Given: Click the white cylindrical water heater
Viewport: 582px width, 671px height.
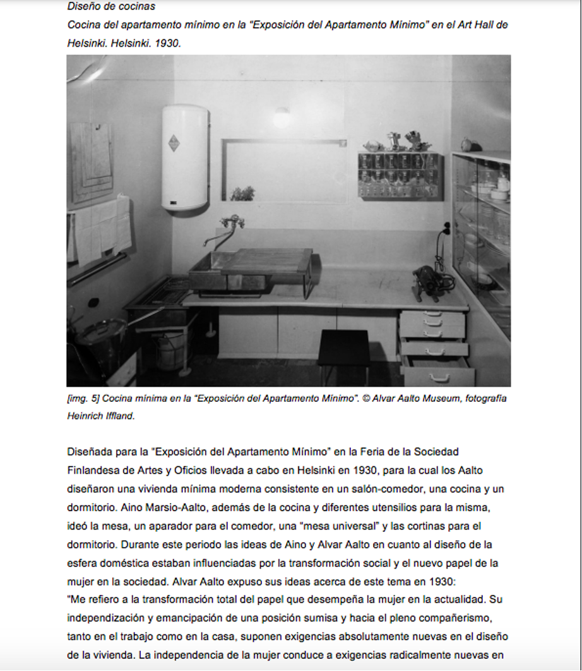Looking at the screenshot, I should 184,158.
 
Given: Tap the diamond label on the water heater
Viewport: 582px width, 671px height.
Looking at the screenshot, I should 174,143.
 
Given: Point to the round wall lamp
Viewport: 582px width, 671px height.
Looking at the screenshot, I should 282,118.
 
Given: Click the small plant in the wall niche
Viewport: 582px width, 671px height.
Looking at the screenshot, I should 242,193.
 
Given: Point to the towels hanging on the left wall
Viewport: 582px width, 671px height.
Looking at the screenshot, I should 101,227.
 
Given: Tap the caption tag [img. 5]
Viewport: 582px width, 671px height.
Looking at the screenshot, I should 82,399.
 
